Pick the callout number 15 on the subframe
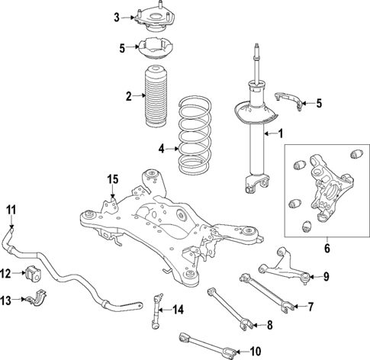point(112,179)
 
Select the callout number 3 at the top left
point(117,17)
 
